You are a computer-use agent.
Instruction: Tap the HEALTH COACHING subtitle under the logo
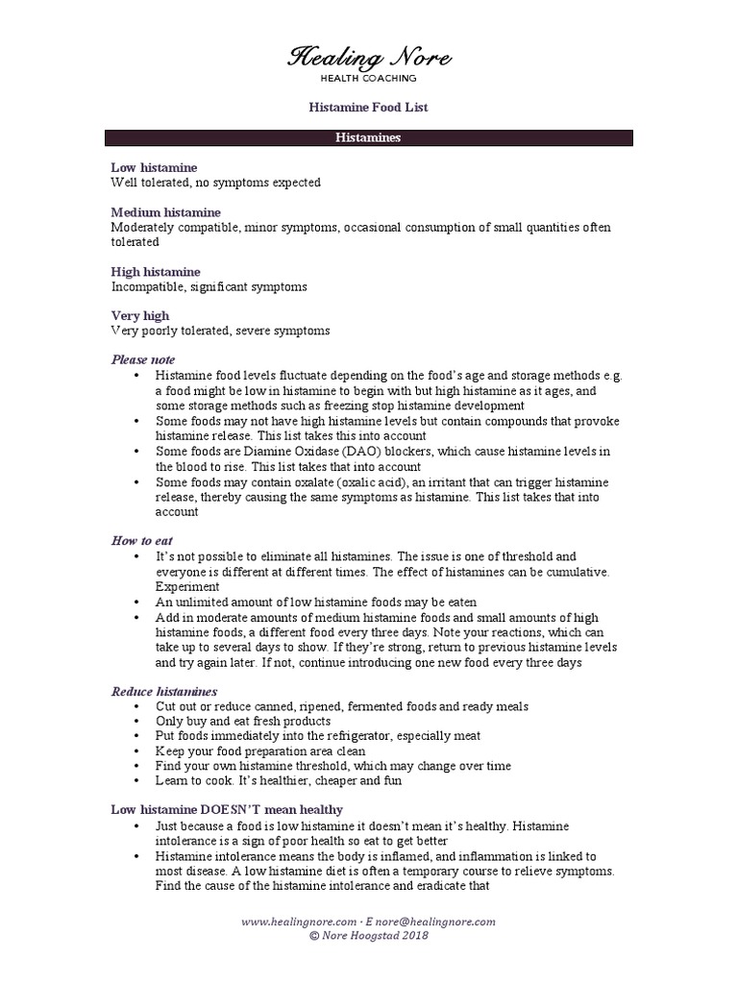pyautogui.click(x=368, y=79)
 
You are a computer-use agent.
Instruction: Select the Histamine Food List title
pyautogui.click(x=368, y=108)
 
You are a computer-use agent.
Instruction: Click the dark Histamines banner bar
pyautogui.click(x=368, y=138)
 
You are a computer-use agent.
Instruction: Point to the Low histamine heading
pyautogui.click(x=154, y=167)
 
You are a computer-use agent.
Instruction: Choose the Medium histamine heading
pyautogui.click(x=165, y=212)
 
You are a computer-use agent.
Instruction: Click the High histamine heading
pyautogui.click(x=156, y=272)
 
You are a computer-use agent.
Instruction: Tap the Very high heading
pyautogui.click(x=140, y=315)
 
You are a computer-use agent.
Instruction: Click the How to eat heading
pyautogui.click(x=142, y=541)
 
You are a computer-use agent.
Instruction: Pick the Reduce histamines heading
pyautogui.click(x=164, y=691)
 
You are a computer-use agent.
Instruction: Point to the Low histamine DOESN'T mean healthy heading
pyautogui.click(x=227, y=810)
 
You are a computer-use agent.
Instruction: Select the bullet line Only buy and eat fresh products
pyautogui.click(x=243, y=721)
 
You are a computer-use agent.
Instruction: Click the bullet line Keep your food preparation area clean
pyautogui.click(x=260, y=750)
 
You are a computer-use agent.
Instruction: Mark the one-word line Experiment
pyautogui.click(x=187, y=586)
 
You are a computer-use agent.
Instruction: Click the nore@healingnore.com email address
pyautogui.click(x=441, y=921)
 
